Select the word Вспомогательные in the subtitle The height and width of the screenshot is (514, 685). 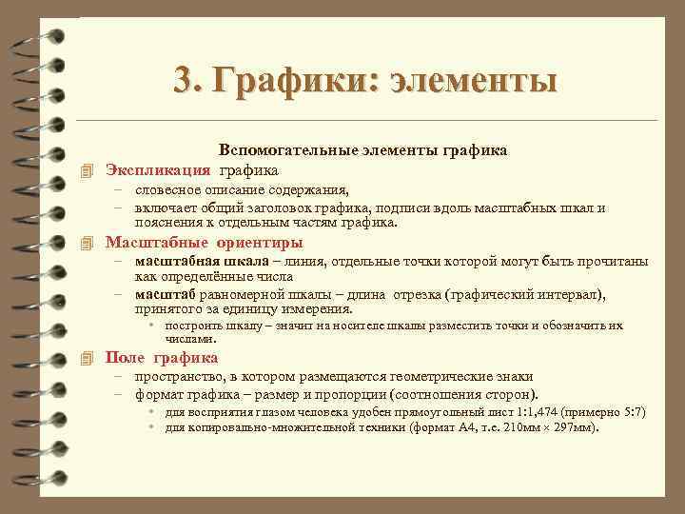click(x=280, y=150)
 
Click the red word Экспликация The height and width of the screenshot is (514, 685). click(x=157, y=170)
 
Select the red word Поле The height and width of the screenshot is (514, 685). click(x=125, y=358)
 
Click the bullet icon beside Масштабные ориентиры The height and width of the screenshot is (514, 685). click(x=88, y=241)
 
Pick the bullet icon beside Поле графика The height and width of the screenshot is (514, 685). click(x=88, y=359)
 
